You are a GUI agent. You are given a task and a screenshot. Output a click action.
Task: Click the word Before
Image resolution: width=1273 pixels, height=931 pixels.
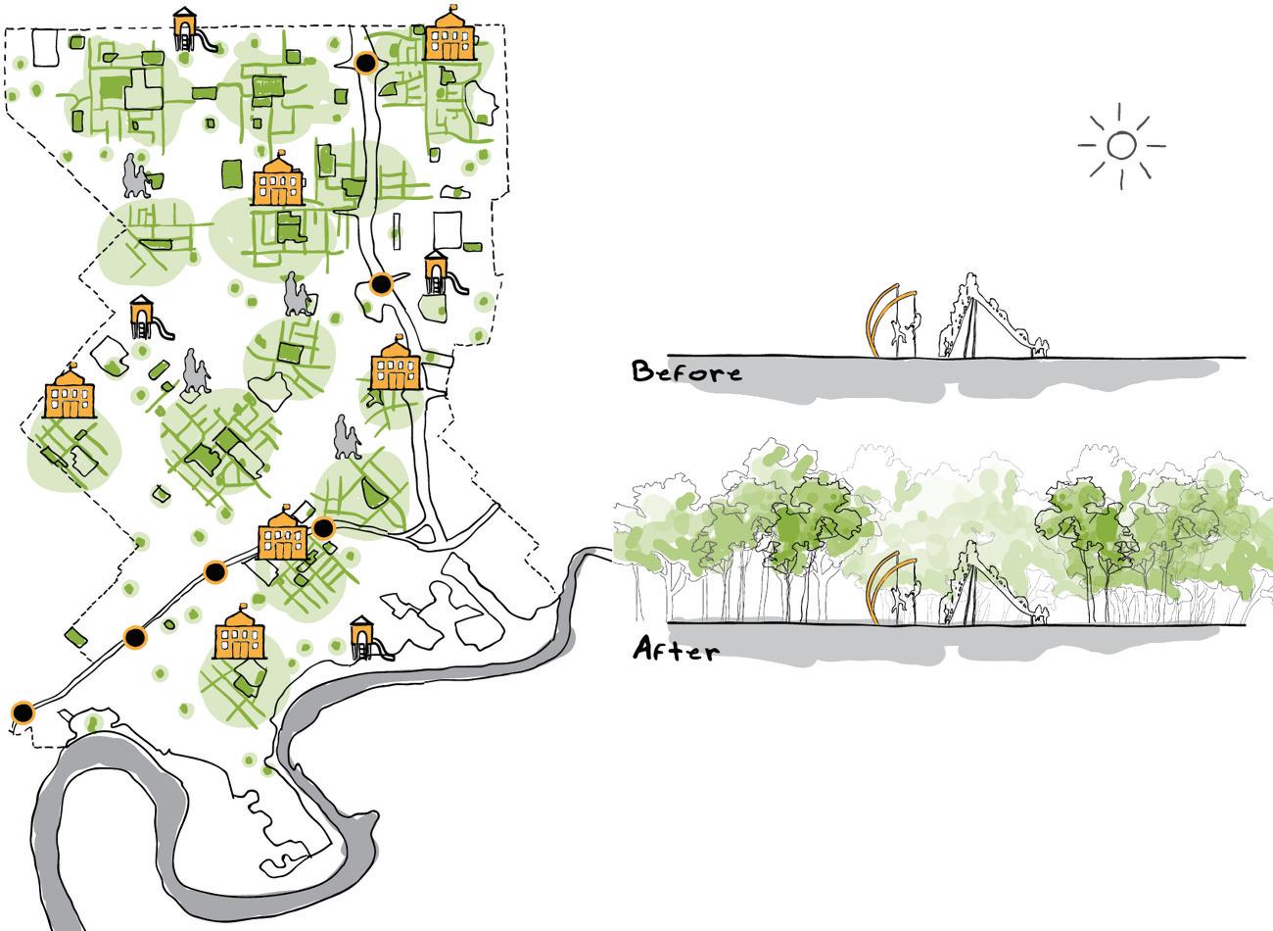click(686, 372)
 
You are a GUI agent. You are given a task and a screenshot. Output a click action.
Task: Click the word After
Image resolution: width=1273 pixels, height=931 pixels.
click(676, 650)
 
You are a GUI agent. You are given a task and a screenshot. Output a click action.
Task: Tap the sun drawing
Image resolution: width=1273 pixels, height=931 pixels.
click(1122, 146)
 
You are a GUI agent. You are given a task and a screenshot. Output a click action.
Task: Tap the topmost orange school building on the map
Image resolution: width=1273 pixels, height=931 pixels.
click(449, 38)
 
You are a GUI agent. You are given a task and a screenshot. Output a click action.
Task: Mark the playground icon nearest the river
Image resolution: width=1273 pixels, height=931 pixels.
click(365, 638)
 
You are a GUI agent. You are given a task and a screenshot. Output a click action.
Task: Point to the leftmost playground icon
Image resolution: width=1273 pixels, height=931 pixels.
click(145, 317)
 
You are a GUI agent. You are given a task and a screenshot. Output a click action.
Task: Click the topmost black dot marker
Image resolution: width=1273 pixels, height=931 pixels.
click(366, 63)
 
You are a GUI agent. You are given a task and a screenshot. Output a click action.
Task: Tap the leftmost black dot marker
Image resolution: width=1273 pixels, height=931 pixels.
click(22, 712)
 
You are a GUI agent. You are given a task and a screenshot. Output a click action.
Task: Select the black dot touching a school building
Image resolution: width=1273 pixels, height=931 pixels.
click(323, 528)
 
